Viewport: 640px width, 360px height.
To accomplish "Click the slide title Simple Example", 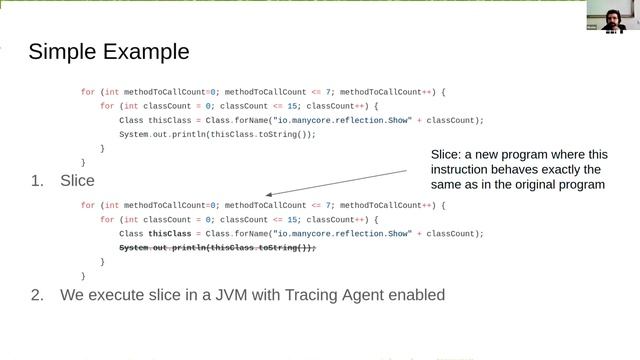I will click(x=108, y=51).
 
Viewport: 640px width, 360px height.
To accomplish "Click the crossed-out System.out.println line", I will click(x=217, y=247).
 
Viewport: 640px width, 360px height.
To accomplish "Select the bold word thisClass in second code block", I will click(x=171, y=233).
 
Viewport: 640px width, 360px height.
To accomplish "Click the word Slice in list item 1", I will click(x=77, y=181).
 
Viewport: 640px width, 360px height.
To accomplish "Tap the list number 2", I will click(x=37, y=295).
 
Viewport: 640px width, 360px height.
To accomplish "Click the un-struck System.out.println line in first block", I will click(x=217, y=134).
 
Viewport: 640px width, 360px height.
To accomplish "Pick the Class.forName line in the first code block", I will click(x=301, y=120).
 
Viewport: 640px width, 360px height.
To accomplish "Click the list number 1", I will click(x=37, y=181).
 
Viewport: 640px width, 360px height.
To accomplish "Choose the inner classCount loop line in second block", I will click(x=239, y=219).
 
